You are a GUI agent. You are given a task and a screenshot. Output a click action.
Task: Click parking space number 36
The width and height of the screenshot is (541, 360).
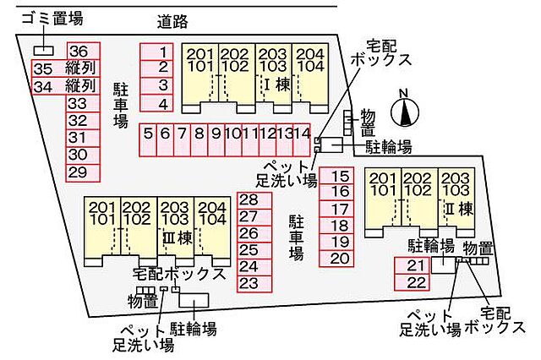click(x=83, y=51)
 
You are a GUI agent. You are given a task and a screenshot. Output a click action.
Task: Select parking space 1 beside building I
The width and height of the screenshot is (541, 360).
click(x=156, y=52)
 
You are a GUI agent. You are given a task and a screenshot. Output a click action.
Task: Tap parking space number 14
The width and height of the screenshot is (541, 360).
click(x=302, y=139)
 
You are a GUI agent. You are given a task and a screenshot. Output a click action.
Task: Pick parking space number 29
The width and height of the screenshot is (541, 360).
click(x=83, y=172)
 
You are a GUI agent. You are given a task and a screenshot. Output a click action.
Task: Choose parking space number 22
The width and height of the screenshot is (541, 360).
click(x=412, y=282)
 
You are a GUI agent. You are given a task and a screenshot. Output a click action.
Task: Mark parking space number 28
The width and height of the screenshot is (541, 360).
click(x=254, y=200)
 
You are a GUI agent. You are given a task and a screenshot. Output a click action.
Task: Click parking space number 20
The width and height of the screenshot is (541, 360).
click(x=336, y=259)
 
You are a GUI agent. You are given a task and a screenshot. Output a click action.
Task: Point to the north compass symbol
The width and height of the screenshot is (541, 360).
click(x=405, y=111)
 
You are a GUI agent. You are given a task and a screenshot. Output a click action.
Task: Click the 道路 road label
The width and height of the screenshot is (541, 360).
click(x=172, y=21)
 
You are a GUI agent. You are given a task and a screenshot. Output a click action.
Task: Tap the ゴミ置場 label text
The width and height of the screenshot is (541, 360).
click(x=52, y=18)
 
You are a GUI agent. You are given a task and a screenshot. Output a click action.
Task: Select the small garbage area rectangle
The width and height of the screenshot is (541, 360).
click(x=44, y=51)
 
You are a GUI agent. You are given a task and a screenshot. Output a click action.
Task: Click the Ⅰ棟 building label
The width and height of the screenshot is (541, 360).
click(x=277, y=85)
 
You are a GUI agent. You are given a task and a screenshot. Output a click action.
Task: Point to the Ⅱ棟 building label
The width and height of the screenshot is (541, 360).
click(x=459, y=209)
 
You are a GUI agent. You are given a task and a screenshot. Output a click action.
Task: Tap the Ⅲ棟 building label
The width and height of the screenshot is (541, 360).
click(x=178, y=238)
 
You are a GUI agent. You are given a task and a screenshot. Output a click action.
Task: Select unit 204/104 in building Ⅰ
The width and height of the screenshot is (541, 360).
click(x=310, y=78)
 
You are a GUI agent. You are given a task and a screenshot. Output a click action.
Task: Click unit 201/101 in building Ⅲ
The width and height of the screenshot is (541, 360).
click(x=102, y=232)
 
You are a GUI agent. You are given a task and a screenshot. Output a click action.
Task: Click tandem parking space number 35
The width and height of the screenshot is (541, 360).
click(x=66, y=68)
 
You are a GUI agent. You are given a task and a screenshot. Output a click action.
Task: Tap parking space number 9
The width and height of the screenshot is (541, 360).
click(x=216, y=139)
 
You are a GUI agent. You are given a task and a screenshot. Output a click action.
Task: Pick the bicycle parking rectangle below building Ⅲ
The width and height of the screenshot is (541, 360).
click(x=194, y=300)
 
